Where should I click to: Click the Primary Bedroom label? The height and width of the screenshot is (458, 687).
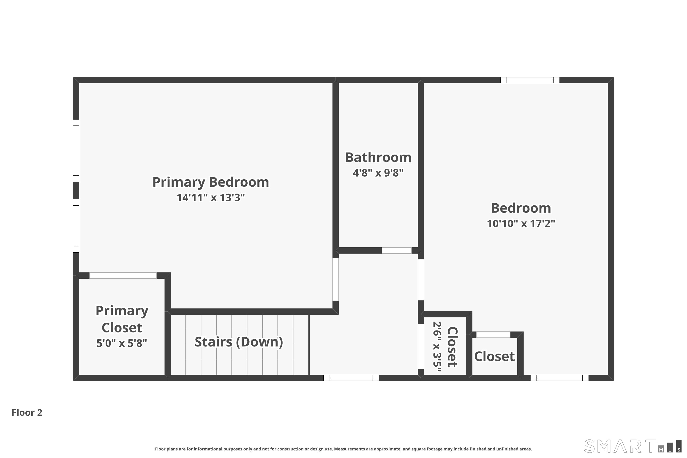pos(211,182)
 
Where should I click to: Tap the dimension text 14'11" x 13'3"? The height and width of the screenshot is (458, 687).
pos(211,198)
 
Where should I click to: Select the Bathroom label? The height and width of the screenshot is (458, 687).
pos(378,158)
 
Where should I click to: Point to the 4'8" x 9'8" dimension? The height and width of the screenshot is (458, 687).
pos(378,173)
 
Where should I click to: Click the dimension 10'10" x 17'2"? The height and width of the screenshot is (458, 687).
pos(521,224)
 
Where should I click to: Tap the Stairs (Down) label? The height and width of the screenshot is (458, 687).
pos(239,342)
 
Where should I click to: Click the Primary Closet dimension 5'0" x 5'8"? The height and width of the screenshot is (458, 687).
pos(122,343)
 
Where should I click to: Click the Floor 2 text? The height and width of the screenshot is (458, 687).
pos(27,412)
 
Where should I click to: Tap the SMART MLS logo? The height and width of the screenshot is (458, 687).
pos(632,446)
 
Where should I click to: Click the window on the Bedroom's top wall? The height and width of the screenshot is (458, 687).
pos(530,80)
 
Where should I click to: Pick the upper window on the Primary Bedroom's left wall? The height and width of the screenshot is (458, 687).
pos(76,150)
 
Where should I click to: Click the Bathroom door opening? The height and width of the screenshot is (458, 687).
pos(397,250)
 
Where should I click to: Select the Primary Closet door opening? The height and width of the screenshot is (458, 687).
pos(123,275)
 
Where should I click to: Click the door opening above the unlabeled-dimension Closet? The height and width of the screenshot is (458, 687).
pos(493,335)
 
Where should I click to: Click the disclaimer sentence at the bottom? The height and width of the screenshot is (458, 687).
pos(343,449)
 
